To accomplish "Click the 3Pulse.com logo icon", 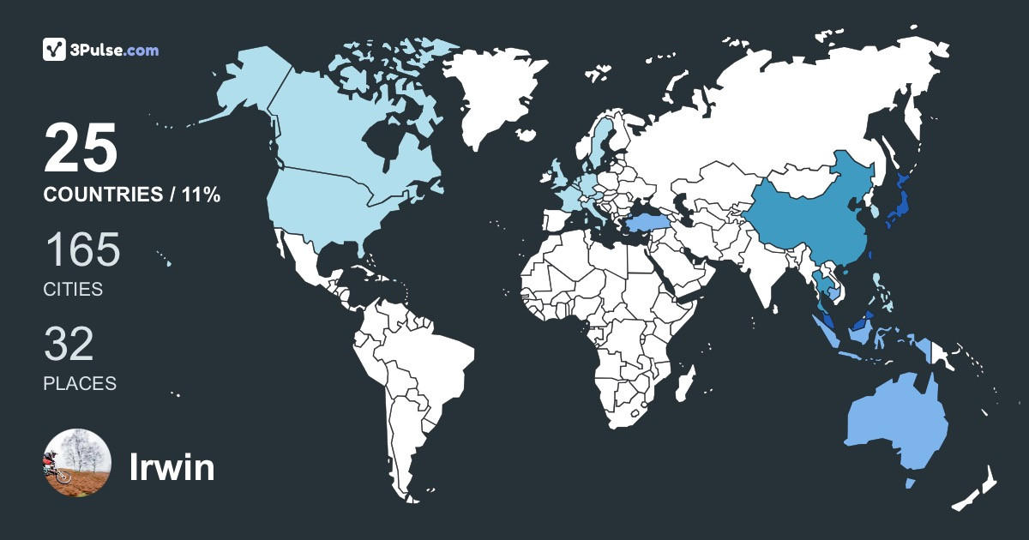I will [55, 50].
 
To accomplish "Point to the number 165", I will [81, 251].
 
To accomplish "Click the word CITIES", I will [73, 290].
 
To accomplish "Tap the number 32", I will [69, 345].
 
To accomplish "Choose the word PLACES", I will [80, 383].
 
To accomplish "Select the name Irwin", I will [171, 467].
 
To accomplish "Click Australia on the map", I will [896, 424].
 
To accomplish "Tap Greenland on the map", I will [497, 94].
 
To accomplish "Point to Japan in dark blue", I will [899, 206].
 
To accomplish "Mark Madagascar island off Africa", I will [684, 383].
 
